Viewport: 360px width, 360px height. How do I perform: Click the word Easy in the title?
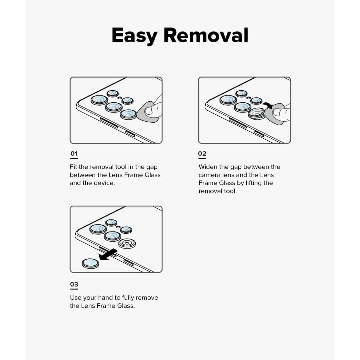coord(134,35)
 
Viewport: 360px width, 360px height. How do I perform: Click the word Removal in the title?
coord(206,35)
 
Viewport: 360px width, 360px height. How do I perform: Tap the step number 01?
coord(74,154)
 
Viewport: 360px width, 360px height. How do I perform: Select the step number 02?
coord(202,154)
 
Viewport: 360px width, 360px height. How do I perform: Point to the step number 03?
coord(74,284)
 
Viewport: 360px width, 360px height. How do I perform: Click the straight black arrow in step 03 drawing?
coord(108,254)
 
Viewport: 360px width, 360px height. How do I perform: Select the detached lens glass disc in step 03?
coord(90,263)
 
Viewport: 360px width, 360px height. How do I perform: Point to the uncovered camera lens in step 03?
coord(127,244)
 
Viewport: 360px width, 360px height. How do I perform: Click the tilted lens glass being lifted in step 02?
coord(256,113)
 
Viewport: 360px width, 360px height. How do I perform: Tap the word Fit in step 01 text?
coord(74,167)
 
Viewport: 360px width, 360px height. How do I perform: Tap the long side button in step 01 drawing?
coord(104,123)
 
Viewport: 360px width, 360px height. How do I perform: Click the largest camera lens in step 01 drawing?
coord(99,100)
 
